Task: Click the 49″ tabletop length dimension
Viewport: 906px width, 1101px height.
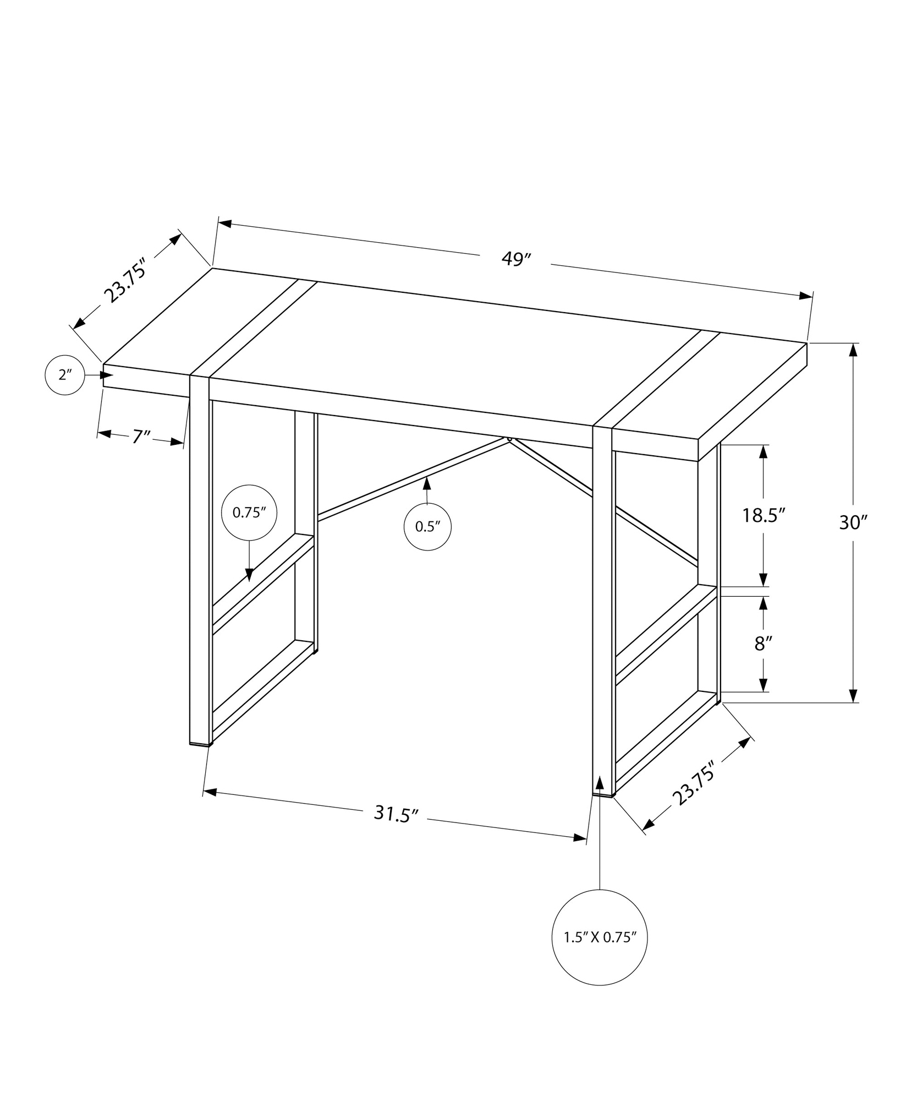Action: pyautogui.click(x=515, y=259)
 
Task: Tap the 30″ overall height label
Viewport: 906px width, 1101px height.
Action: pyautogui.click(x=853, y=522)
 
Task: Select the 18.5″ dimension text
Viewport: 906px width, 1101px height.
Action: pyautogui.click(x=763, y=515)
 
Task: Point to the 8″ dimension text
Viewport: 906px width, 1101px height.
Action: pyautogui.click(x=764, y=642)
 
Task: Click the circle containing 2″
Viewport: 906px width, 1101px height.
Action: pyautogui.click(x=65, y=375)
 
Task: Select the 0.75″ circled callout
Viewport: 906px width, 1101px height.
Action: pyautogui.click(x=249, y=513)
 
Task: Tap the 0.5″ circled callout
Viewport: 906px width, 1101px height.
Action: pyautogui.click(x=428, y=526)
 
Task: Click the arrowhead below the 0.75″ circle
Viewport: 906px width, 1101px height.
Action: pyautogui.click(x=249, y=575)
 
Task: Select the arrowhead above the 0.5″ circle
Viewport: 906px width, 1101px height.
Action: pyautogui.click(x=426, y=484)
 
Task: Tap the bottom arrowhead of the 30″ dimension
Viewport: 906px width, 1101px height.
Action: pyautogui.click(x=853, y=695)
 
